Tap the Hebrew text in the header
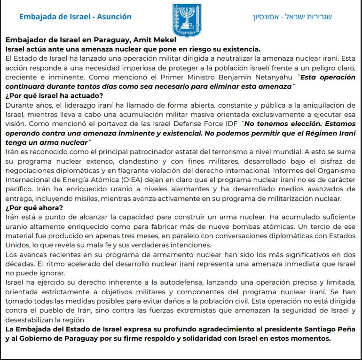coord(292,17)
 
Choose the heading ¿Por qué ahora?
coord(34,208)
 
